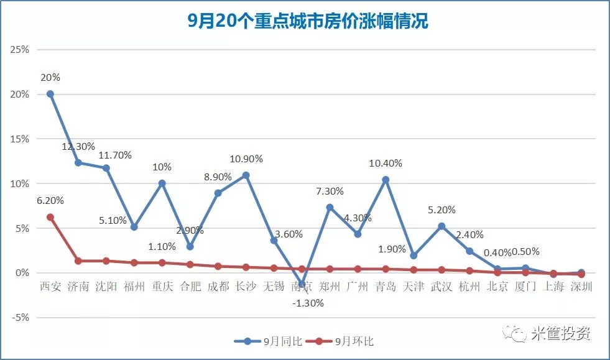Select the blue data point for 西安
click(x=50, y=94)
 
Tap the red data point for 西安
click(x=50, y=217)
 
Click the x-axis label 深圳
click(x=581, y=287)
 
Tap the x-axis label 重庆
click(x=162, y=287)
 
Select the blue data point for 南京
click(x=302, y=284)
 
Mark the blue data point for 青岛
click(x=386, y=180)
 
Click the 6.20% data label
click(x=50, y=201)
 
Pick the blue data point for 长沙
click(x=246, y=175)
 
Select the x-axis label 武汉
click(x=441, y=287)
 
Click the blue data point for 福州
click(x=134, y=227)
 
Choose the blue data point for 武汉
click(x=441, y=226)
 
